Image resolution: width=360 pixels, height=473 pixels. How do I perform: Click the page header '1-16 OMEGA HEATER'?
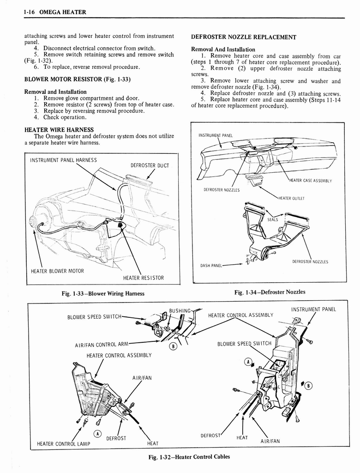[x=54, y=12]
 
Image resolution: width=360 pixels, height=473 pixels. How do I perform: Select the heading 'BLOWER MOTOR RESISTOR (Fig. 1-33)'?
[x=78, y=79]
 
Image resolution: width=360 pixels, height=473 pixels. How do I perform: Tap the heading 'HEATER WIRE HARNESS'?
[x=59, y=129]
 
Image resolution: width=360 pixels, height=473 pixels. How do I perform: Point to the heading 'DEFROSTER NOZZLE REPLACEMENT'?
[x=243, y=37]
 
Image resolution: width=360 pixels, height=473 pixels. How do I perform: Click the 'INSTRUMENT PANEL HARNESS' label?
[x=63, y=160]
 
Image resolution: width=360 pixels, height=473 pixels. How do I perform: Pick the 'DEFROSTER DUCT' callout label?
[x=150, y=165]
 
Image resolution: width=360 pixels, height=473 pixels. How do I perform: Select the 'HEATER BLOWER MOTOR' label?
[x=57, y=271]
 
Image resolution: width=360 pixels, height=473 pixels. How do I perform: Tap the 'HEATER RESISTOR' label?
[x=143, y=278]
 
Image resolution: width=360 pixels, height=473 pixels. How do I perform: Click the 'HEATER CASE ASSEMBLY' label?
[x=310, y=181]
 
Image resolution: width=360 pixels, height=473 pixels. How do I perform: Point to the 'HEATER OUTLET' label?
[x=291, y=199]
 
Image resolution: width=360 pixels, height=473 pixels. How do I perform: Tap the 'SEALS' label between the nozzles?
[x=273, y=219]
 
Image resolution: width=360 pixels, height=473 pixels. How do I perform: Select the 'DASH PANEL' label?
[x=211, y=266]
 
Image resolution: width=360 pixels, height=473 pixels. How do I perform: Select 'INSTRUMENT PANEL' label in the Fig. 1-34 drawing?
[x=215, y=135]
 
